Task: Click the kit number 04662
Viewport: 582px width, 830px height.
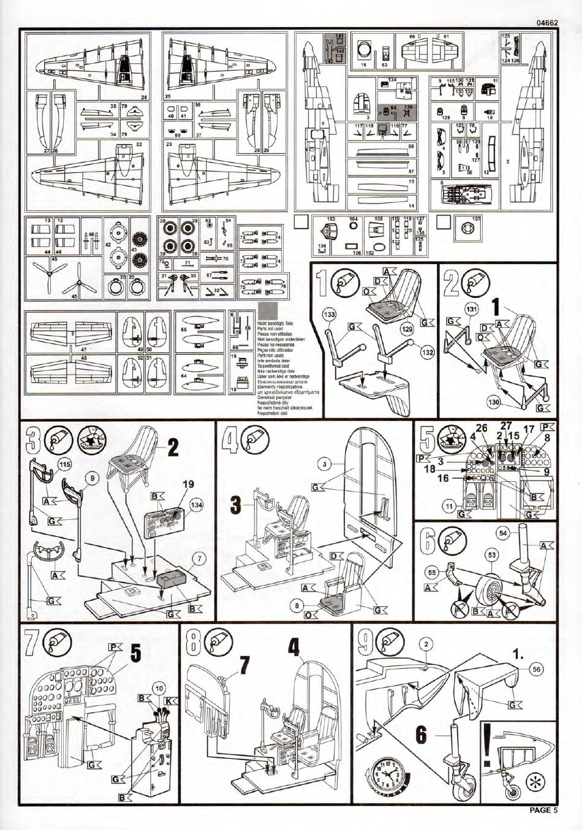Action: click(546, 23)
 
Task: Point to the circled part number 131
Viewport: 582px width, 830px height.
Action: click(470, 309)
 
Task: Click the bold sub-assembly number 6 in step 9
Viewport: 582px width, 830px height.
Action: click(420, 736)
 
